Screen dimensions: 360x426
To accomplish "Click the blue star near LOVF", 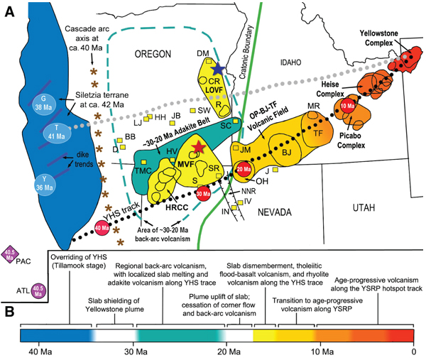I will [x=218, y=68].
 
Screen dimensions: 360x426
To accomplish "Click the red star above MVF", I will [x=197, y=147].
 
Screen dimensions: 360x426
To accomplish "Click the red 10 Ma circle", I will [x=348, y=106].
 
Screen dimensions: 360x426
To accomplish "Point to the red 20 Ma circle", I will [x=244, y=171].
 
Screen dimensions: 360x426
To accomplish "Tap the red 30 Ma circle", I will [x=202, y=194].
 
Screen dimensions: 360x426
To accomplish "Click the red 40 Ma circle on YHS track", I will [x=102, y=229].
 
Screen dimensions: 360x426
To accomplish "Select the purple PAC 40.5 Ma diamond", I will [x=11, y=254].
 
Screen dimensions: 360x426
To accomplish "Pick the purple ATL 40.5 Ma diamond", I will [x=38, y=289].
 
